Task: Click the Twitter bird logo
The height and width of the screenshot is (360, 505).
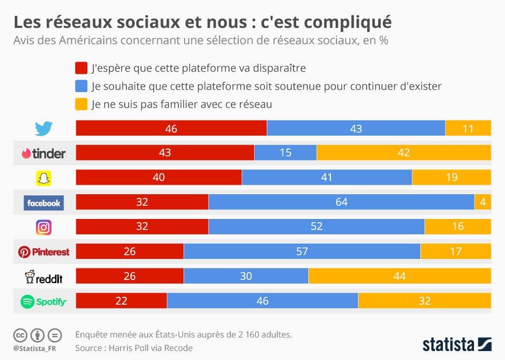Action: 44,128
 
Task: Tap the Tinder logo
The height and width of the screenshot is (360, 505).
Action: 44,153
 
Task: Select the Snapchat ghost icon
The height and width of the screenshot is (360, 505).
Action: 44,178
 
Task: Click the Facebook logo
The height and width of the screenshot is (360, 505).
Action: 44,203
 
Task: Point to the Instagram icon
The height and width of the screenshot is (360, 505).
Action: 44,227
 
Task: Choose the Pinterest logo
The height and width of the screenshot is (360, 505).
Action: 44,252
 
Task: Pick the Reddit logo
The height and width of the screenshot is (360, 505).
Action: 44,277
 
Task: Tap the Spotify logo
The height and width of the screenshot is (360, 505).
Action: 44,302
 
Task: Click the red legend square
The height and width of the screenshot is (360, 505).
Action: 81,68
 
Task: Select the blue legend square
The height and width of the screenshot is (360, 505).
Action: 81,86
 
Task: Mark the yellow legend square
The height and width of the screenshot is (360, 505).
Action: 81,104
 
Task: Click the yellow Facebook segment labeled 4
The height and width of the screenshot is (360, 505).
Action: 482,203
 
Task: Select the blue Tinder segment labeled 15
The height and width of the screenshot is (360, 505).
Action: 286,153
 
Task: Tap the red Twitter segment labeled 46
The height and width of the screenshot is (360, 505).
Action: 171,128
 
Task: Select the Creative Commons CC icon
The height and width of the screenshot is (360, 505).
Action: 20,335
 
